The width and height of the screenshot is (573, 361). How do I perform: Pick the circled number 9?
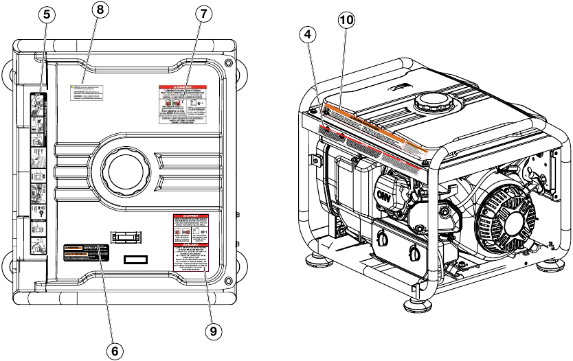tap(214, 331)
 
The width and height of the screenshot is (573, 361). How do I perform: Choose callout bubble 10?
tap(348, 21)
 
